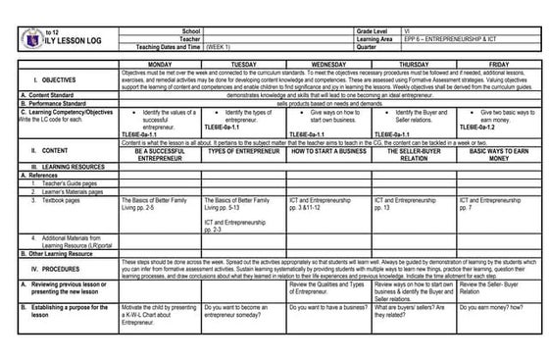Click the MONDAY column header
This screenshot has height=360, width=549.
[160, 64]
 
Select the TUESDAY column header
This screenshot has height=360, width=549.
[244, 64]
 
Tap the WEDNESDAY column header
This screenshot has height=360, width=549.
[328, 64]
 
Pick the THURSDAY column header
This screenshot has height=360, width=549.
[413, 64]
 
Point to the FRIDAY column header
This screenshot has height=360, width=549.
[495, 64]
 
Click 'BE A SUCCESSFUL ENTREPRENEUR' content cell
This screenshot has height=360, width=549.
[160, 154]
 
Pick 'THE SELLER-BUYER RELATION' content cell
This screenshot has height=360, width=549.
[413, 154]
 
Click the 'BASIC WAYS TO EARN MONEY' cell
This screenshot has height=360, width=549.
[495, 154]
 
